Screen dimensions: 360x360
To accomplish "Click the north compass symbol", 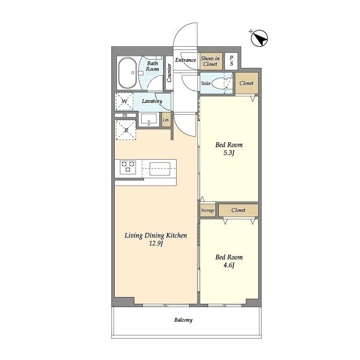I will [259, 39].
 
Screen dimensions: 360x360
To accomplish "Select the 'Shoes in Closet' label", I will [209, 61].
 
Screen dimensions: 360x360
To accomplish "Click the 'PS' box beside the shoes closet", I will [231, 61].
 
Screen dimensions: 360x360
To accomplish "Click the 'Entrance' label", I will [186, 60].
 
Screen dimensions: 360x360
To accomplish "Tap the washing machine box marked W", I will [125, 101].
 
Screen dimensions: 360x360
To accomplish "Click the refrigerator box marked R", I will [125, 129].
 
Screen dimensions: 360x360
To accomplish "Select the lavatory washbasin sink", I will [149, 119].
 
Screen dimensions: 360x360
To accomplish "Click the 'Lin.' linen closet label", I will [166, 120].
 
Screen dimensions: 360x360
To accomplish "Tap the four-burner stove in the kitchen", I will [128, 167].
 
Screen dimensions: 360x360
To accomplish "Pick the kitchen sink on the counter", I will [160, 167].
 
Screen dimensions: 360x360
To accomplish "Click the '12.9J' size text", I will [155, 244].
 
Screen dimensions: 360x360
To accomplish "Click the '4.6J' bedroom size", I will [228, 266].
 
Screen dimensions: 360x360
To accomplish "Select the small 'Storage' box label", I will [208, 210].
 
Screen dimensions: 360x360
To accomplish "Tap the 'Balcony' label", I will [183, 320].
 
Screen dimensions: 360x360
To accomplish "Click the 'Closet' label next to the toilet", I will [246, 83].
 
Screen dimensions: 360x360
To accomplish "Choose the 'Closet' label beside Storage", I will [238, 210].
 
